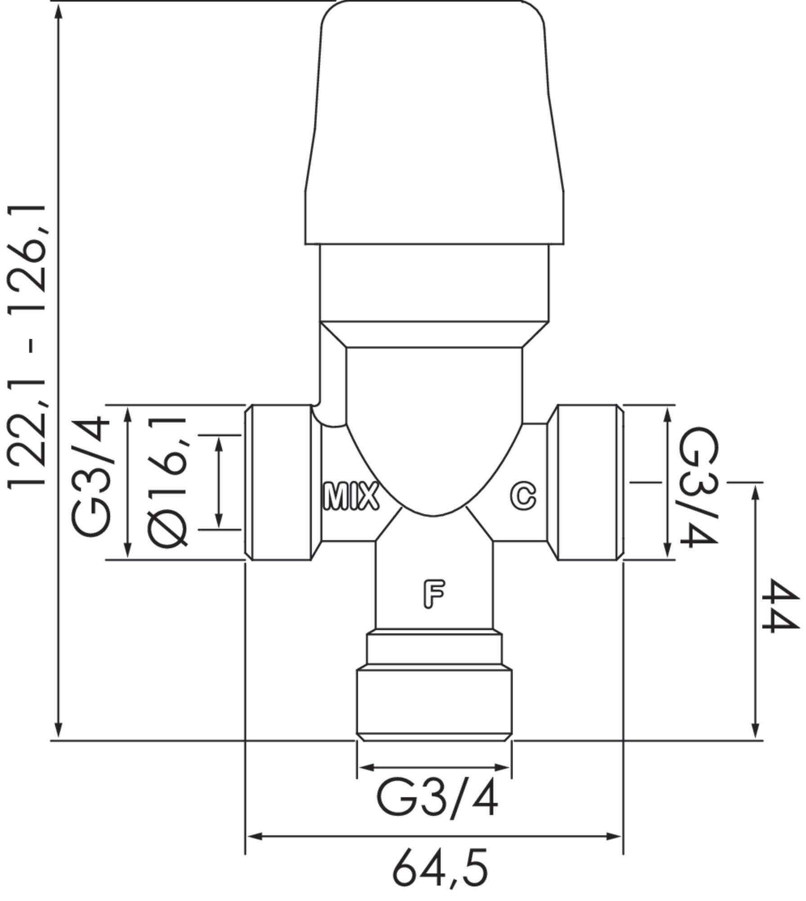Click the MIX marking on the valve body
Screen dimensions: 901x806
[x=351, y=496]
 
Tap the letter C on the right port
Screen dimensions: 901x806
[x=522, y=496]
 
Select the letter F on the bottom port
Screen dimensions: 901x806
[x=434, y=594]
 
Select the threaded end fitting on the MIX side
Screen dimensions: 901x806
[x=280, y=482]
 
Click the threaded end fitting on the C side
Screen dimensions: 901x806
[x=587, y=482]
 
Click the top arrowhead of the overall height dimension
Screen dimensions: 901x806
[x=58, y=11]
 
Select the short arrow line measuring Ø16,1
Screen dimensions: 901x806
[x=219, y=482]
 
